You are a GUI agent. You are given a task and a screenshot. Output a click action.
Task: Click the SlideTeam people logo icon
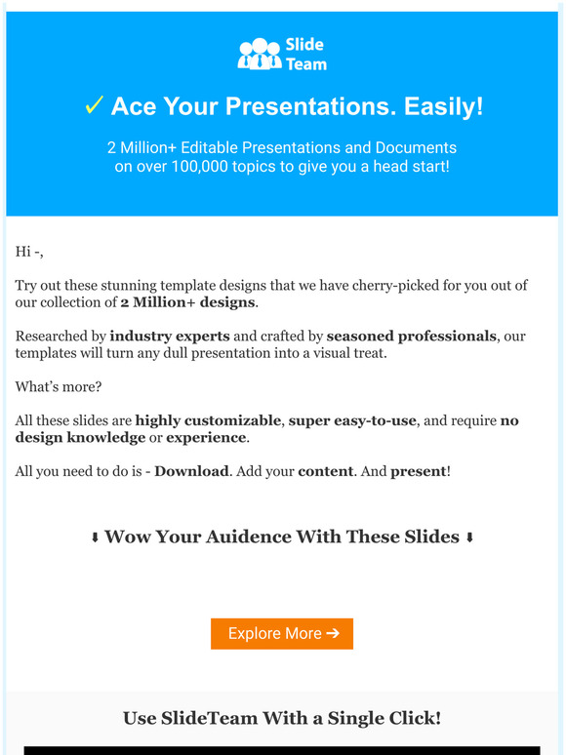pyautogui.click(x=259, y=54)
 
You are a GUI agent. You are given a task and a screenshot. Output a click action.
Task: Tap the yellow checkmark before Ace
pyautogui.click(x=94, y=106)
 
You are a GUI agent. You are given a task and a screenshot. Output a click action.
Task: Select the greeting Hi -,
pyautogui.click(x=29, y=252)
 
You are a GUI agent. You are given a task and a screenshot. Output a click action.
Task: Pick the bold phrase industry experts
pyautogui.click(x=167, y=336)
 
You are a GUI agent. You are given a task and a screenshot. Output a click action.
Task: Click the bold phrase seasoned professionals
pyautogui.click(x=411, y=336)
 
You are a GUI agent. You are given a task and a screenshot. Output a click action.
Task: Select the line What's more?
pyautogui.click(x=58, y=386)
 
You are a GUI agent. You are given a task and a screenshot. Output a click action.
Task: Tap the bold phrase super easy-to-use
pyautogui.click(x=352, y=420)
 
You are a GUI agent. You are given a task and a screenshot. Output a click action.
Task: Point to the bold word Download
pyautogui.click(x=191, y=471)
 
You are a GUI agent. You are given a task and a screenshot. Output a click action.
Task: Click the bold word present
pyautogui.click(x=418, y=471)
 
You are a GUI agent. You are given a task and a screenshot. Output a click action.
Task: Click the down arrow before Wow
pyautogui.click(x=95, y=538)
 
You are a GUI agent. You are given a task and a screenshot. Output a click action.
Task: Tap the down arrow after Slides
pyautogui.click(x=469, y=538)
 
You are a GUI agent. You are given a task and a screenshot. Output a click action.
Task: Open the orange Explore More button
pyautogui.click(x=282, y=633)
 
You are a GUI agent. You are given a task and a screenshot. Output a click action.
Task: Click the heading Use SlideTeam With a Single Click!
pyautogui.click(x=282, y=718)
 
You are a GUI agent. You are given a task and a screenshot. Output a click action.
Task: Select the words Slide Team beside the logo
pyautogui.click(x=305, y=55)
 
